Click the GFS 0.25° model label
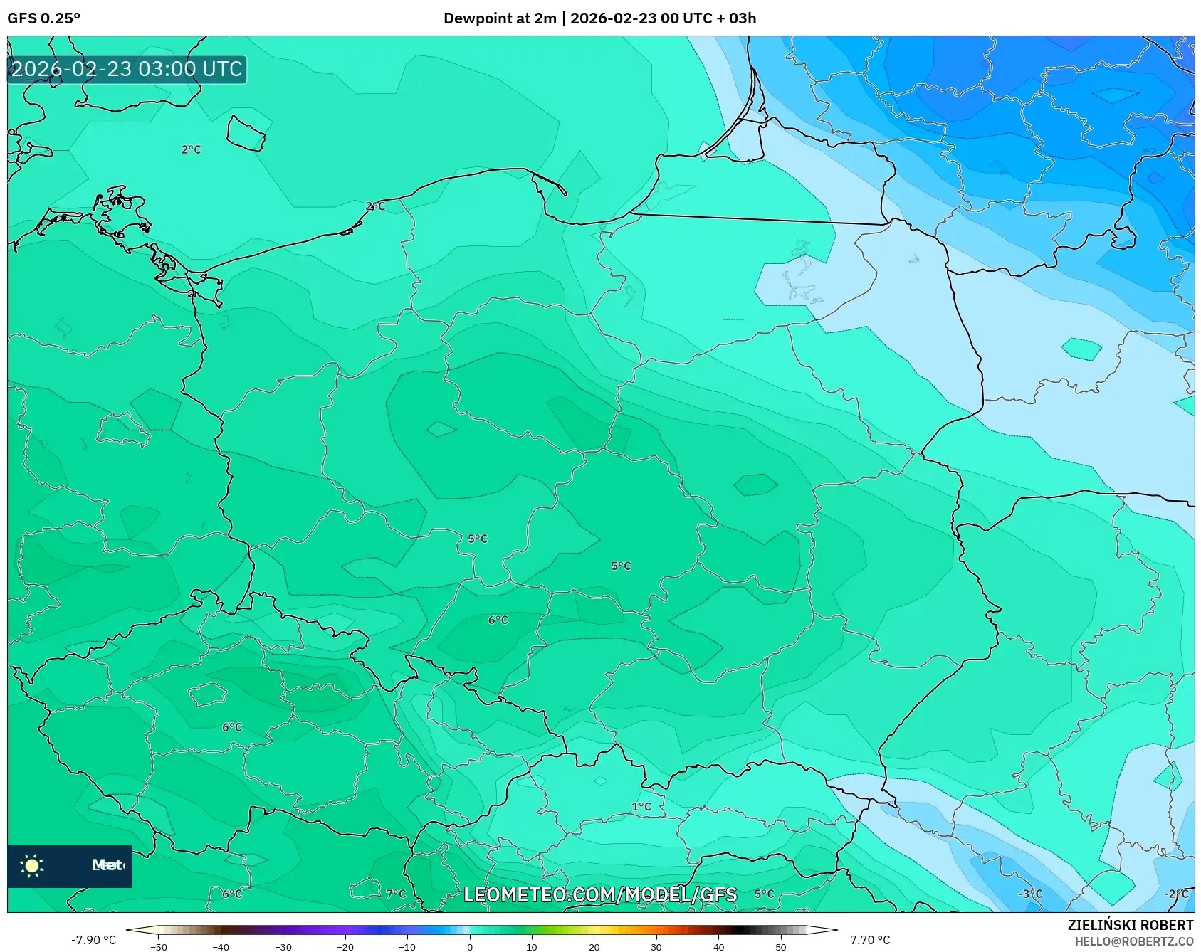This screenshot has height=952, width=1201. click(43, 18)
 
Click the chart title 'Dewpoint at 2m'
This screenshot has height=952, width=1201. click(500, 18)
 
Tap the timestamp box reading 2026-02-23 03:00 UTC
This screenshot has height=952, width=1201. click(127, 69)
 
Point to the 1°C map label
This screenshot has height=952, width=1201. click(641, 806)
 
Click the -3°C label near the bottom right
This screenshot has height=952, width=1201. click(1029, 894)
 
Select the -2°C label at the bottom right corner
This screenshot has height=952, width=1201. click(1176, 894)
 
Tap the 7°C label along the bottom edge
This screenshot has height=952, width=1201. click(396, 894)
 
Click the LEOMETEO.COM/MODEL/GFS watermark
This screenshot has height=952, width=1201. click(600, 894)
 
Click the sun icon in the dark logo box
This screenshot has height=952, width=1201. click(32, 865)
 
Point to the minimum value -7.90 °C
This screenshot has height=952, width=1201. click(93, 940)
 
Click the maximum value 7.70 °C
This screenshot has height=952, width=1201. click(870, 940)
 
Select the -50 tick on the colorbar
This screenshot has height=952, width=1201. click(159, 947)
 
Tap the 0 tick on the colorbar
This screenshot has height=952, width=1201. click(469, 947)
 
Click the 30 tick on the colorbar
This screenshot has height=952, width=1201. click(656, 947)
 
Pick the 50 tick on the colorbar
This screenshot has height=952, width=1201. click(780, 947)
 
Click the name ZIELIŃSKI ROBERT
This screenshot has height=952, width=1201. click(1130, 925)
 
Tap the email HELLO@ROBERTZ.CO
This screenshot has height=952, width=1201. click(1133, 941)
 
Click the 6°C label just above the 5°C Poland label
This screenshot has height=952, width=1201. click(498, 620)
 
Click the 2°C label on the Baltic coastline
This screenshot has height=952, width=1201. click(375, 206)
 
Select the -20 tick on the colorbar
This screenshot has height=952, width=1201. click(345, 947)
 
